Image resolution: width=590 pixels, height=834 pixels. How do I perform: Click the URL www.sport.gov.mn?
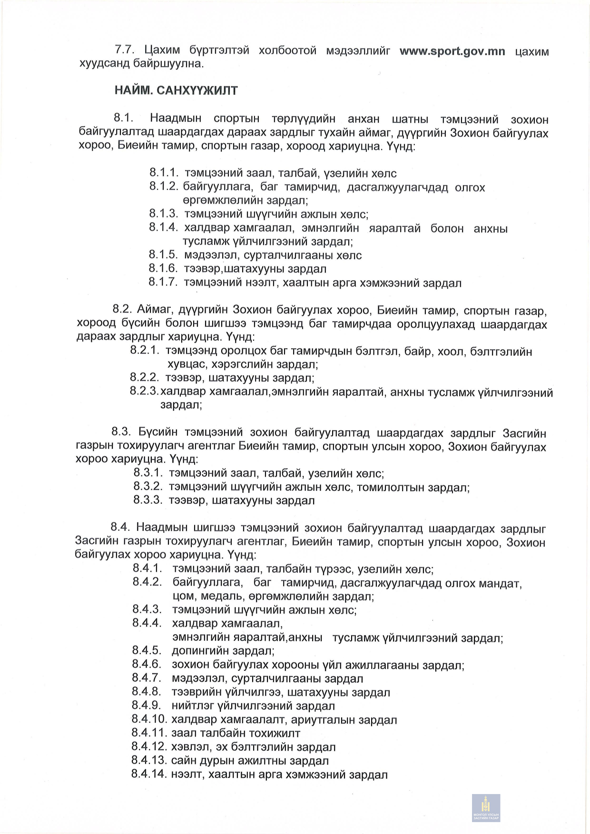(x=452, y=51)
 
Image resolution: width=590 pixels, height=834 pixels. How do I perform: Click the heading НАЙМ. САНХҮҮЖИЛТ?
(x=176, y=90)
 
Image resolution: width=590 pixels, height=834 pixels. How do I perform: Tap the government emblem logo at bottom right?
(x=486, y=807)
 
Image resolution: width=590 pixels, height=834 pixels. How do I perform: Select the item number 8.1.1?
(x=164, y=173)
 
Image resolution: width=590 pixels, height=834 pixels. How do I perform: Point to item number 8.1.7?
(x=163, y=283)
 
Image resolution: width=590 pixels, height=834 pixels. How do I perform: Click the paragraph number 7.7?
(x=125, y=50)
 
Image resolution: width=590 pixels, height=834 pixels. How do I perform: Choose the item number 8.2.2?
(x=144, y=378)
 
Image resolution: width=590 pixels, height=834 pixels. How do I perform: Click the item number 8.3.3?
(x=148, y=500)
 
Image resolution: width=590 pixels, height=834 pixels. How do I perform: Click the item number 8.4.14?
(x=149, y=774)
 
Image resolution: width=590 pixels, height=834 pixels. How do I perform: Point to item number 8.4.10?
(x=149, y=719)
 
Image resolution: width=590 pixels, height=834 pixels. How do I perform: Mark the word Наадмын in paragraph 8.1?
(x=176, y=119)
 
